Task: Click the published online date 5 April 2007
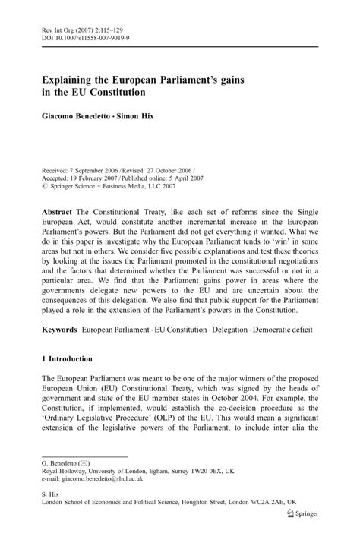point(225,160)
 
